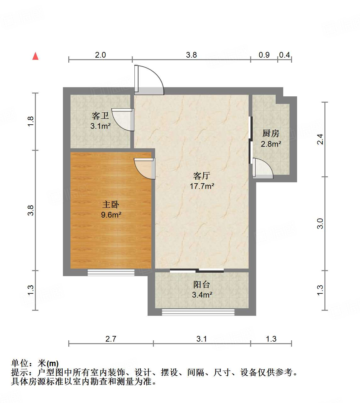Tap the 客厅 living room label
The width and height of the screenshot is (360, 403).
pos(201,176)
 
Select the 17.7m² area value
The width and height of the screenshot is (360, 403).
pos(202,186)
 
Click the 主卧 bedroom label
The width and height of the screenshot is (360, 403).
pos(111,205)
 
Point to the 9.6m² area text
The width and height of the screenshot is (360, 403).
pos(111,215)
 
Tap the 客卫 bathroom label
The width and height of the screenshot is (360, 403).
pos(100,116)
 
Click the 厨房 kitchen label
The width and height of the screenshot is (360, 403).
pos(271,133)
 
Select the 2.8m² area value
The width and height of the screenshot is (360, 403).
pos(271,144)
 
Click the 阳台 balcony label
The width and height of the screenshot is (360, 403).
pos(201,285)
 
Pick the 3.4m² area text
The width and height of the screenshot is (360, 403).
pos(202,295)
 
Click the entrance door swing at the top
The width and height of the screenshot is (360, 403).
pos(149,79)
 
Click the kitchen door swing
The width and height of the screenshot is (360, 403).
pos(262,168)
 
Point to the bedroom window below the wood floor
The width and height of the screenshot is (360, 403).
pos(111,273)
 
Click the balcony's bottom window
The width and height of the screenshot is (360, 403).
pos(198,312)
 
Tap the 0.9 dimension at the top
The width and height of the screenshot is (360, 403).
pos(264,55)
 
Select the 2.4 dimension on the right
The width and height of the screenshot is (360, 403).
pos(320,139)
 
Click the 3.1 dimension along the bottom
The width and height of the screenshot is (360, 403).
pos(202,339)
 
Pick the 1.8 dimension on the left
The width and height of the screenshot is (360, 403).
pos(31,122)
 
